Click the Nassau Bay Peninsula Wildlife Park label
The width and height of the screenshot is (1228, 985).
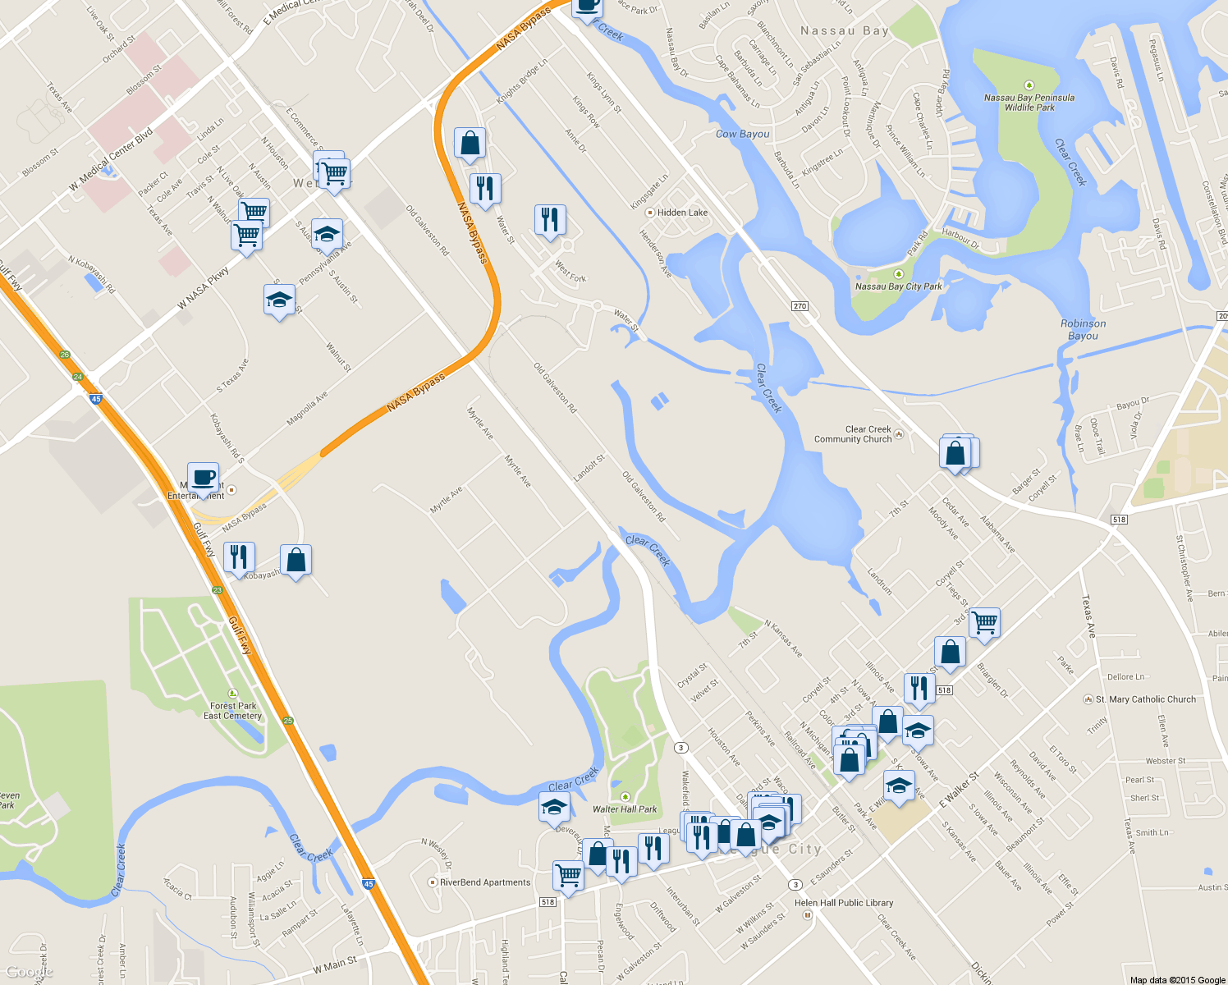pos(1029,102)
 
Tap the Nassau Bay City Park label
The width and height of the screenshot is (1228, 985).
pos(899,286)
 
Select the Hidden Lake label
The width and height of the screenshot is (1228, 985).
pos(681,213)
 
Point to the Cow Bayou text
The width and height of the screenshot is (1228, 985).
pos(743,134)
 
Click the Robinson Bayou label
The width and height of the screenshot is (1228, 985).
pos(1083,329)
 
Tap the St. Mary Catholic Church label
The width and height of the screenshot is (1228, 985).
pos(1145,699)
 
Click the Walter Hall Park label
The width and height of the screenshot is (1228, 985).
pos(625,809)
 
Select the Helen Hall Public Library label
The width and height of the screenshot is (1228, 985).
pos(844,903)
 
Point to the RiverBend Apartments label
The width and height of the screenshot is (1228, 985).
pos(484,882)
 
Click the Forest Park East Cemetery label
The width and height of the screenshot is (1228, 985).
pos(233,711)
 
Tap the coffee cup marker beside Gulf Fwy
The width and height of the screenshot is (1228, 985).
pos(203,477)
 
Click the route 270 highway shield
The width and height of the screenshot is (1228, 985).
pos(800,306)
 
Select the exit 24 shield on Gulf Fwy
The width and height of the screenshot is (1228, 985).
pos(78,377)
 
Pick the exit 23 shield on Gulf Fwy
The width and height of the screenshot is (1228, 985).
pos(218,590)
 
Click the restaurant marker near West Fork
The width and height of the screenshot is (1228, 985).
pos(549,219)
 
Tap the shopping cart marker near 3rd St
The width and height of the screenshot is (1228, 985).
pos(984,622)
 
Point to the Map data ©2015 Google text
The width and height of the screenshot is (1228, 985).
pos(1177,979)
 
